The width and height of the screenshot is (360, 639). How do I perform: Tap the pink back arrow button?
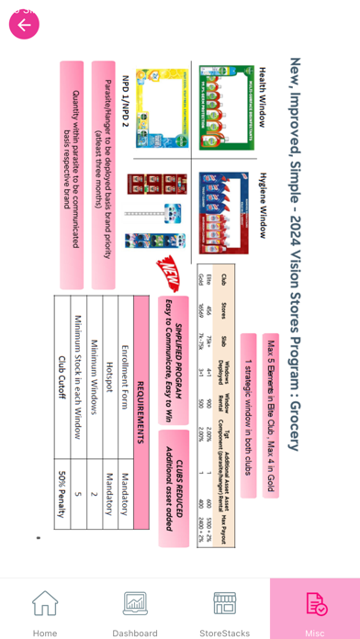[x=24, y=25]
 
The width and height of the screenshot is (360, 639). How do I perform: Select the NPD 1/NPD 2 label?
[x=125, y=100]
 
